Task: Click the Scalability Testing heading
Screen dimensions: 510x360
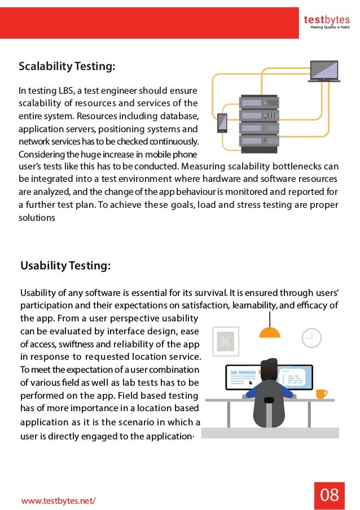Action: click(x=67, y=67)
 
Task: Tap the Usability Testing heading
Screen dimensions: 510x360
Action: click(x=65, y=265)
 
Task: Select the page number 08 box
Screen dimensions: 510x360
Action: click(x=330, y=495)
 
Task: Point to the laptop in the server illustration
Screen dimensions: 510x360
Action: click(x=324, y=72)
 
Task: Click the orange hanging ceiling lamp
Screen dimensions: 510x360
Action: click(x=269, y=332)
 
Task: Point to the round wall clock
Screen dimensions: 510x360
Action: click(x=311, y=337)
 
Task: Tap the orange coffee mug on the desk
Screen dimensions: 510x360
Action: click(x=321, y=393)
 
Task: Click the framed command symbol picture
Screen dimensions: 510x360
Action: click(x=226, y=341)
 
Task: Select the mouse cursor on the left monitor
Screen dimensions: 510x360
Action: click(x=251, y=383)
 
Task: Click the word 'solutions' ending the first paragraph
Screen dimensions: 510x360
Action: click(x=38, y=217)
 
